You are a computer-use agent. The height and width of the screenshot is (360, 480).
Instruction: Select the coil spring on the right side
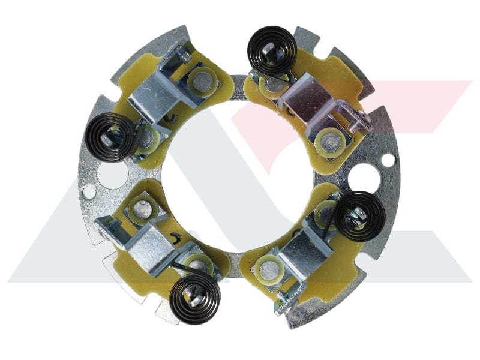tap(359, 216)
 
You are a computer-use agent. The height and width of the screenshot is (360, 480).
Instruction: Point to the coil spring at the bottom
tap(194, 298)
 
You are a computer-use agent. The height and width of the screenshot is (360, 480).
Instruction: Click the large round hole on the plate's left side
tap(112, 175)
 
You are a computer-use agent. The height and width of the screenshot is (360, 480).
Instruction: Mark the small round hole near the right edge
tap(388, 160)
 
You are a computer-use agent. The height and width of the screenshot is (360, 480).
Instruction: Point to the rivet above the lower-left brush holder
tap(143, 209)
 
